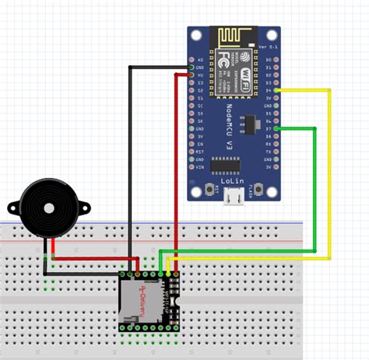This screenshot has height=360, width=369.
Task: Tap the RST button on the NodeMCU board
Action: pos(211,190)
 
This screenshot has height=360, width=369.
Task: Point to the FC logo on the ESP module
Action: pos(223,58)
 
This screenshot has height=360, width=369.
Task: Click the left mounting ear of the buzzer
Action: pos(12,207)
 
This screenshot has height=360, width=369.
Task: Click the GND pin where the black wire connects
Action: pos(191,68)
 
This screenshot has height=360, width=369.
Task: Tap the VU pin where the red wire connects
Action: pos(191,75)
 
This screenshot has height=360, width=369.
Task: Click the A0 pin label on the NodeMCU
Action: pos(200,59)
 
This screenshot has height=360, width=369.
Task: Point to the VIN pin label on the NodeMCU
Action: pos(200,166)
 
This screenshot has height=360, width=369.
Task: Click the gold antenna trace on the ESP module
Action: pos(234,36)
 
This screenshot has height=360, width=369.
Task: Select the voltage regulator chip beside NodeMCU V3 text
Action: pos(249,122)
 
